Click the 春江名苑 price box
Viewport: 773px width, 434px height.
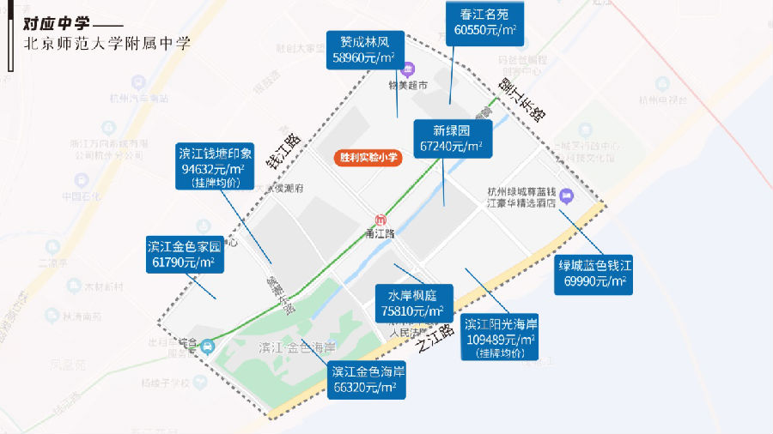pyautogui.click(x=484, y=21)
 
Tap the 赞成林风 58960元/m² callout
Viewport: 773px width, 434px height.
pyautogui.click(x=367, y=50)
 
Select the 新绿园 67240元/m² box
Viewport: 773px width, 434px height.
pyautogui.click(x=452, y=138)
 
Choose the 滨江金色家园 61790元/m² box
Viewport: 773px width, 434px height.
pyautogui.click(x=185, y=255)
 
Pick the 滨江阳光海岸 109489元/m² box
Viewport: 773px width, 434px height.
pyautogui.click(x=501, y=336)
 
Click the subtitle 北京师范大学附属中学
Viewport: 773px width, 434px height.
pyautogui.click(x=107, y=42)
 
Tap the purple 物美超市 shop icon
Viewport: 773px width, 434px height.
pyautogui.click(x=409, y=68)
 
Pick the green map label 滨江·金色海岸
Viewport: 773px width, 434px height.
pyautogui.click(x=296, y=348)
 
